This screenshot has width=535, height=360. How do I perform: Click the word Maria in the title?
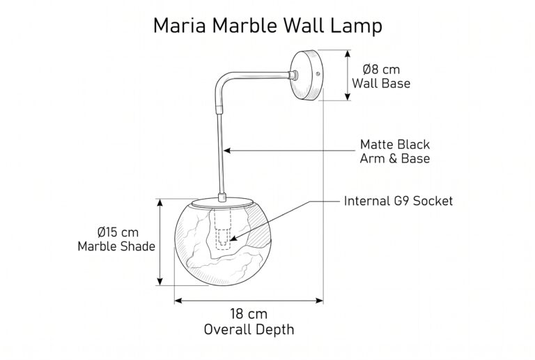(x=180, y=25)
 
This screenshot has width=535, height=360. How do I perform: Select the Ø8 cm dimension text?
(x=381, y=69)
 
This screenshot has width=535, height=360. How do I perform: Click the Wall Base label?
(x=381, y=83)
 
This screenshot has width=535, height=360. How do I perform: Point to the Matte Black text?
(x=395, y=144)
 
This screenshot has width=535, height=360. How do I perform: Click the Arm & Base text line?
(x=395, y=158)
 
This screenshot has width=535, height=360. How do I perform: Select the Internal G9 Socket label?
(x=398, y=201)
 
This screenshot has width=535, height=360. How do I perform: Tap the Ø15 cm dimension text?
(x=118, y=232)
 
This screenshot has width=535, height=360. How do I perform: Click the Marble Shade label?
(x=116, y=246)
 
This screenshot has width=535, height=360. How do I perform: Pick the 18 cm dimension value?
(x=249, y=314)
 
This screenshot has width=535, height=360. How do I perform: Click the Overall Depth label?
(x=249, y=329)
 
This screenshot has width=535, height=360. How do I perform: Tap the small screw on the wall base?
(x=318, y=73)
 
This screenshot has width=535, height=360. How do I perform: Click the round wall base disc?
(x=307, y=75)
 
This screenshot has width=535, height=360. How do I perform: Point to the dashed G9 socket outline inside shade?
(x=222, y=227)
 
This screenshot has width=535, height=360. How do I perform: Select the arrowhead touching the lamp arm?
(x=227, y=150)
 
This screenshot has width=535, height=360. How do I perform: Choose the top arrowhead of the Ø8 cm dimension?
(x=348, y=54)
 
